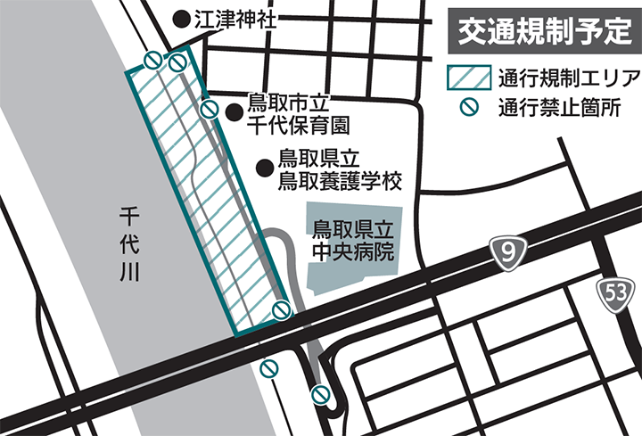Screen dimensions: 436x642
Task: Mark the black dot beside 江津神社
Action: pos(179,17)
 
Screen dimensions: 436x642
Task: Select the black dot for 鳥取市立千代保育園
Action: pos(235,112)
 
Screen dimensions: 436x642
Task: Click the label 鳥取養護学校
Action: pos(340,181)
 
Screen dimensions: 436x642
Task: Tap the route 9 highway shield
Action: pos(507,254)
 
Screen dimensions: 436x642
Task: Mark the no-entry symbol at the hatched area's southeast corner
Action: pos(281,310)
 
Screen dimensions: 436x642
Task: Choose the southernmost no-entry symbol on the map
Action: pos(321,394)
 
